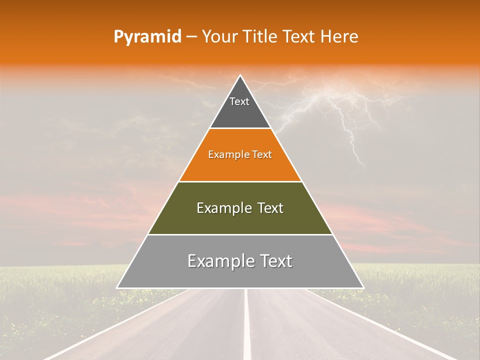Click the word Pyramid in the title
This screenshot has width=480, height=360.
click(x=147, y=37)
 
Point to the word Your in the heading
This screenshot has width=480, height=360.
click(x=219, y=36)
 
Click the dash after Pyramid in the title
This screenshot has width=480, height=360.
click(x=191, y=37)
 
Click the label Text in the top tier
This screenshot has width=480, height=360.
click(x=239, y=101)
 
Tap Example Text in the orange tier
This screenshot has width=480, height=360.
click(x=240, y=154)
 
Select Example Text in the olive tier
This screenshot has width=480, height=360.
click(x=240, y=208)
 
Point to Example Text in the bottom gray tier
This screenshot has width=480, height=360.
click(x=240, y=261)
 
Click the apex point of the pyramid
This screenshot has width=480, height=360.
click(x=240, y=76)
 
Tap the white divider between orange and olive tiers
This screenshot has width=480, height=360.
click(x=240, y=181)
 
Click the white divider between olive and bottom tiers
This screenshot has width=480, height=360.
click(x=240, y=234)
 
